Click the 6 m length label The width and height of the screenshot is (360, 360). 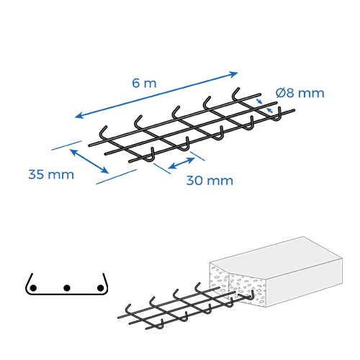tap(144, 83)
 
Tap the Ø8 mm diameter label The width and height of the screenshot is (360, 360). tap(300, 93)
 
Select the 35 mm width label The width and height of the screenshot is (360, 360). tap(51, 174)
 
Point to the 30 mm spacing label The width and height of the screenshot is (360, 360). tap(210, 181)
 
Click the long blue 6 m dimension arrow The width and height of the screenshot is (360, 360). tap(156, 95)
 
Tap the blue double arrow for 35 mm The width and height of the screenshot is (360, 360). tap(89, 161)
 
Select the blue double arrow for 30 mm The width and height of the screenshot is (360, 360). tap(181, 163)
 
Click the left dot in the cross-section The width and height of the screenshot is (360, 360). tap(33, 287)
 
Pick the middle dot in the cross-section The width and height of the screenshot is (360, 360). tap(67, 287)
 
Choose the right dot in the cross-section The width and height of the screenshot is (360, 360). tap(100, 287)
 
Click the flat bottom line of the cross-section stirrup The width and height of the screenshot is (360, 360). tap(66, 294)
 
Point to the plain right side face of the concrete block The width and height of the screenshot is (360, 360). tap(305, 283)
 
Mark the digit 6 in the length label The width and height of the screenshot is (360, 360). tap(135, 83)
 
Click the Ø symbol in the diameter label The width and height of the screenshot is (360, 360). tap(280, 93)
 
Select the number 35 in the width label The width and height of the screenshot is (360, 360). tap(36, 174)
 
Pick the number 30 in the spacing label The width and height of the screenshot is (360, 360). tap(194, 181)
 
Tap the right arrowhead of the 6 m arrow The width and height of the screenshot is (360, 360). tap(234, 73)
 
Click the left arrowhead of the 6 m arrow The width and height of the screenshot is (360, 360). tap(78, 116)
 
